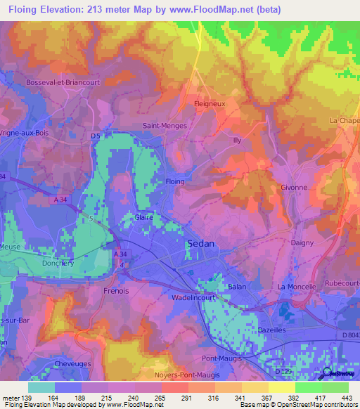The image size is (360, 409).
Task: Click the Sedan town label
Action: pyautogui.click(x=200, y=244)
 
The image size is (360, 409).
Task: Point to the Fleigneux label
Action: pyautogui.click(x=208, y=103)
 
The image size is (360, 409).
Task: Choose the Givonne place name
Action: pyautogui.click(x=294, y=188)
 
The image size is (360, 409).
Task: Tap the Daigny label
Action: pyautogui.click(x=303, y=242)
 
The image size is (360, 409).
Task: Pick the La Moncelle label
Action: pyautogui.click(x=298, y=287)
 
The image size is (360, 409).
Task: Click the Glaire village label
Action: pyautogui.click(x=144, y=218)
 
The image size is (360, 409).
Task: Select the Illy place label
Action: pyautogui.click(x=237, y=141)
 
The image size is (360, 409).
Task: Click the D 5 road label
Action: pyautogui.click(x=96, y=135)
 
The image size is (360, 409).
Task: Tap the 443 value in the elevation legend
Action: pyautogui.click(x=345, y=397)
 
